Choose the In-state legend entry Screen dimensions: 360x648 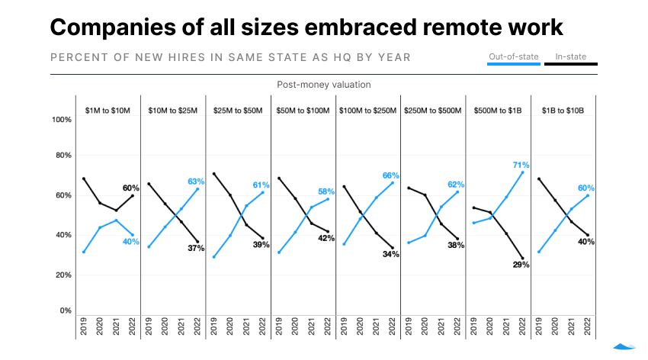(x=570, y=56)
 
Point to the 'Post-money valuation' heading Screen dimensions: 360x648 (x=323, y=85)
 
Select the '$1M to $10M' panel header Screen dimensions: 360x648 (x=107, y=111)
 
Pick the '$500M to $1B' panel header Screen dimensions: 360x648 (x=498, y=111)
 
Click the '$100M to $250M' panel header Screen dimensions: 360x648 (x=368, y=111)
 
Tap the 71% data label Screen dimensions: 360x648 (x=521, y=165)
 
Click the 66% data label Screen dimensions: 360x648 (x=390, y=175)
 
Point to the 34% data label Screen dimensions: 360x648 (x=390, y=254)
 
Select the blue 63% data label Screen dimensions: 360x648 (x=196, y=181)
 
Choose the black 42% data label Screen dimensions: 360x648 (x=326, y=238)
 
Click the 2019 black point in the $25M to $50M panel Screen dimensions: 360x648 (x=213, y=174)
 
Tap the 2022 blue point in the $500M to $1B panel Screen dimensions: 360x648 (x=523, y=172)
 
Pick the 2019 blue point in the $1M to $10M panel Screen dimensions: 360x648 (x=83, y=252)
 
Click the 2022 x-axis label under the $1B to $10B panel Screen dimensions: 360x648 (x=587, y=327)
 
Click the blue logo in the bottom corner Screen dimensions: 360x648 (x=624, y=347)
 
